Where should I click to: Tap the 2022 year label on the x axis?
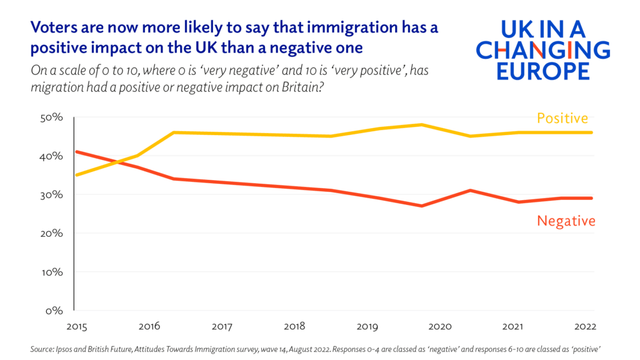(x=584, y=326)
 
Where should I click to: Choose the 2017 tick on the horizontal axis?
(x=222, y=326)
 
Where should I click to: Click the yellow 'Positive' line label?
(x=562, y=118)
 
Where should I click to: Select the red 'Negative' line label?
(x=566, y=221)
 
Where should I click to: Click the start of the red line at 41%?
(x=75, y=152)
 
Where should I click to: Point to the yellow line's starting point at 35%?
(x=75, y=175)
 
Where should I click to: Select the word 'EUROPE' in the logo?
(x=542, y=70)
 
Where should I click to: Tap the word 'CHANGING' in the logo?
(x=542, y=49)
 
